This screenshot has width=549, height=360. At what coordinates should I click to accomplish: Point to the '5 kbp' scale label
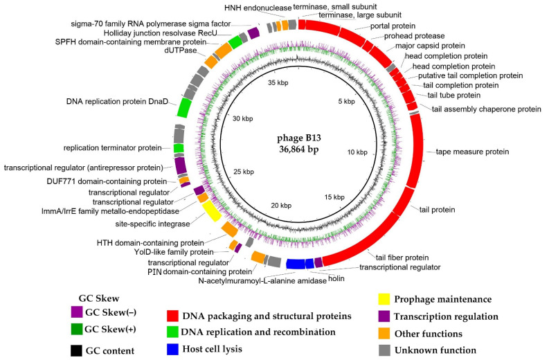pyautogui.click(x=344, y=102)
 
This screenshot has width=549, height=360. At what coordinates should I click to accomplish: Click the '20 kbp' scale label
pyautogui.click(x=284, y=206)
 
